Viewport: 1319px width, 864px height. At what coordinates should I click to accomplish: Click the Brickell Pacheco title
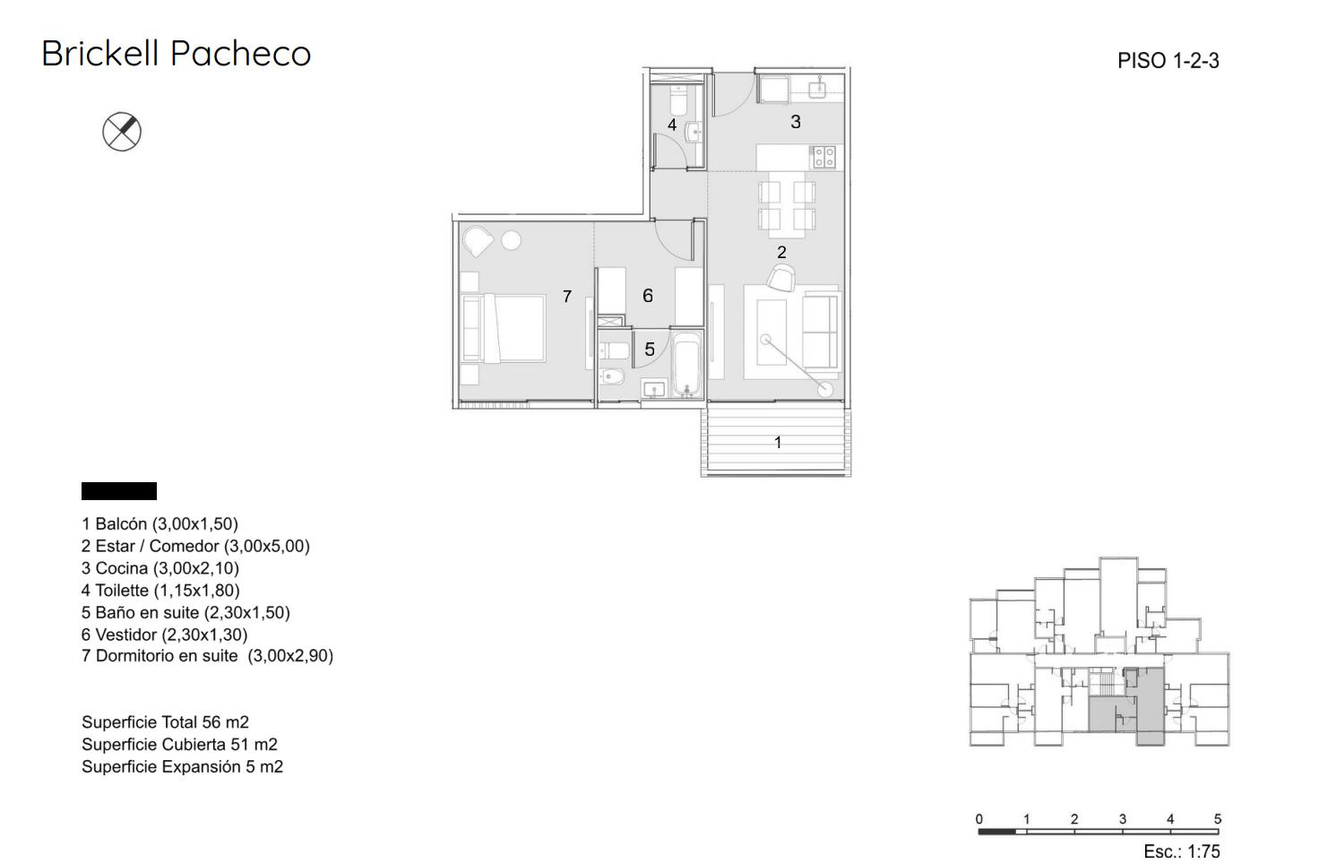point(176,54)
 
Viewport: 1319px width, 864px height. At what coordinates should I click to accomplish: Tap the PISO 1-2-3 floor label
point(1168,61)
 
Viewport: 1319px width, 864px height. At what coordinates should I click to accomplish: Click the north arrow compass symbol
point(122,132)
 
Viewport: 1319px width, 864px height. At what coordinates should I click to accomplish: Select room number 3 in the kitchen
point(796,122)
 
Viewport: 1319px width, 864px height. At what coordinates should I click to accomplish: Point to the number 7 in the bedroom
point(567,297)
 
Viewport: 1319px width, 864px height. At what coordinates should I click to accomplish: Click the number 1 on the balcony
point(778,442)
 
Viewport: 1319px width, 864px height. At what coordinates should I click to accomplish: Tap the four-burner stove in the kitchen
point(823,157)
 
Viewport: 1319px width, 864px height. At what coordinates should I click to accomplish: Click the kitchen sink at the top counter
point(818,89)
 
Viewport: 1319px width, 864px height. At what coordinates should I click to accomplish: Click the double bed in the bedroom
point(504,329)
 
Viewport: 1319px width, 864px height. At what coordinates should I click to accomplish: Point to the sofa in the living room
point(820,331)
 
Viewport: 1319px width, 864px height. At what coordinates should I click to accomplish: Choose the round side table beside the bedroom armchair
point(511,240)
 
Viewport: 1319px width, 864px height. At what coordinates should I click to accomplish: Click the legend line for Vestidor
point(164,635)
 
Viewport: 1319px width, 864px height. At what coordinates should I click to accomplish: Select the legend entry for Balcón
point(159,524)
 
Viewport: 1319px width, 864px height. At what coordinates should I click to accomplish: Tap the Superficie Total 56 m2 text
point(166,722)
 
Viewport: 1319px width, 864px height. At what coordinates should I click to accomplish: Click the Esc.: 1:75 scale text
point(1182,851)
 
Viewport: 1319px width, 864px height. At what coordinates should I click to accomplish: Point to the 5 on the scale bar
point(1218,819)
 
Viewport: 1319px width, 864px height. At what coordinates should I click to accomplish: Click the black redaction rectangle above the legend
point(119,491)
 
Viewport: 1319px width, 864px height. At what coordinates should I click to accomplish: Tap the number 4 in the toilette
point(672,125)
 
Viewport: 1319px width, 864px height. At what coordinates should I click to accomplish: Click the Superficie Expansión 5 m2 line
point(183,767)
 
